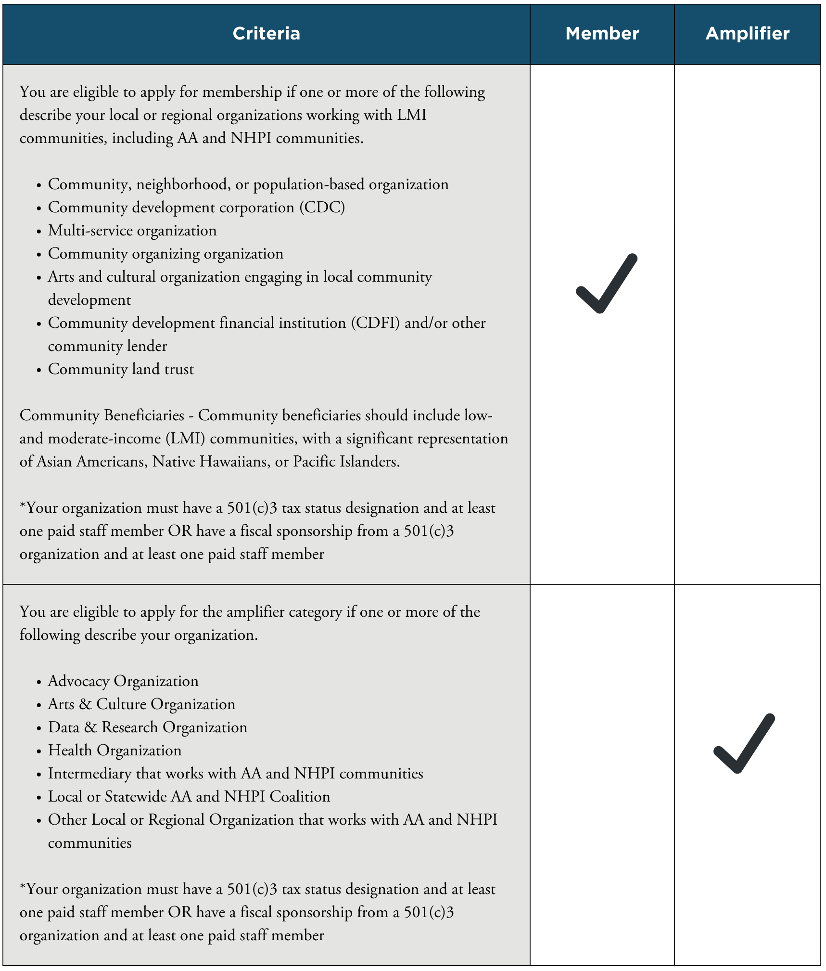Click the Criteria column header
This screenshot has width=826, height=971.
point(266,34)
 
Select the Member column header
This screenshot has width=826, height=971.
point(602,34)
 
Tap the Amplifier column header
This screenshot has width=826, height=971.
point(747,34)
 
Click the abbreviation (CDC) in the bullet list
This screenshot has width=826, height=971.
point(322,207)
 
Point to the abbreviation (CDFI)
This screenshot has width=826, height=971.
point(375,323)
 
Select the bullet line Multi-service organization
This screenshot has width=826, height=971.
point(132,231)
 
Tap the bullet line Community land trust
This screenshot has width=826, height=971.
point(121,369)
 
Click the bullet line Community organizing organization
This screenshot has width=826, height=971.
point(165,254)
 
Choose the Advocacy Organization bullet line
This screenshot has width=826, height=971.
point(123,681)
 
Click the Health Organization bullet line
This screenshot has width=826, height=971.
point(114,751)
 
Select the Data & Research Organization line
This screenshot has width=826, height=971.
point(147,727)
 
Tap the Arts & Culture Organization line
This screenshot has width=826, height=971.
point(141,704)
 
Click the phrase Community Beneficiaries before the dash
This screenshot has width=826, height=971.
point(102,415)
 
